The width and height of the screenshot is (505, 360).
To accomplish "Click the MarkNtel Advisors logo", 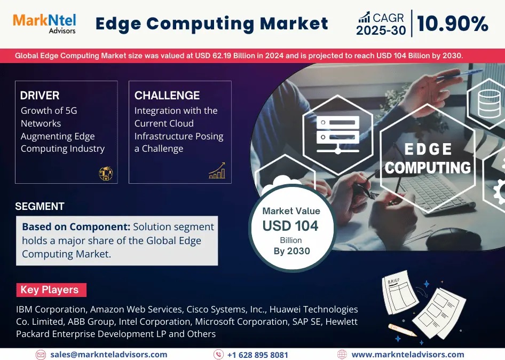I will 44,23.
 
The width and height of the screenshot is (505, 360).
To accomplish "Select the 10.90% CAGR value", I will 453,24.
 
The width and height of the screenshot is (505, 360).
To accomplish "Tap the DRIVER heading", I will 40,96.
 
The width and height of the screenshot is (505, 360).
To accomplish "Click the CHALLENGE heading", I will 167,96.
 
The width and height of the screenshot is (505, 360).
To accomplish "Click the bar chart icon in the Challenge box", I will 217,171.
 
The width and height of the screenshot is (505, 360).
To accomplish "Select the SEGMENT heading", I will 40,207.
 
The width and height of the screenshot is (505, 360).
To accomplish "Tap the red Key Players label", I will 50,290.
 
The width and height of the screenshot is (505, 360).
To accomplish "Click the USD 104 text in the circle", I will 290,226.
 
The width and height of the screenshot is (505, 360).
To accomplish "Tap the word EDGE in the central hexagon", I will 428,149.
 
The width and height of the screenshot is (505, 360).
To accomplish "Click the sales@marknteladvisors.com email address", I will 109,355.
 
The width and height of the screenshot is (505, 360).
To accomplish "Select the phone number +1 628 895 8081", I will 257,355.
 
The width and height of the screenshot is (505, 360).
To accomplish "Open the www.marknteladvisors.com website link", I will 408,355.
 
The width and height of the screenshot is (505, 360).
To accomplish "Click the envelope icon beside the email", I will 41,355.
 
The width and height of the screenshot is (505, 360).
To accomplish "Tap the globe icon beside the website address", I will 342,355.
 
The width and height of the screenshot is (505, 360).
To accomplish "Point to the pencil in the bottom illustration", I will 401,330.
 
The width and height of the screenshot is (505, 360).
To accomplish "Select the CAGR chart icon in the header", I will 365,18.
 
